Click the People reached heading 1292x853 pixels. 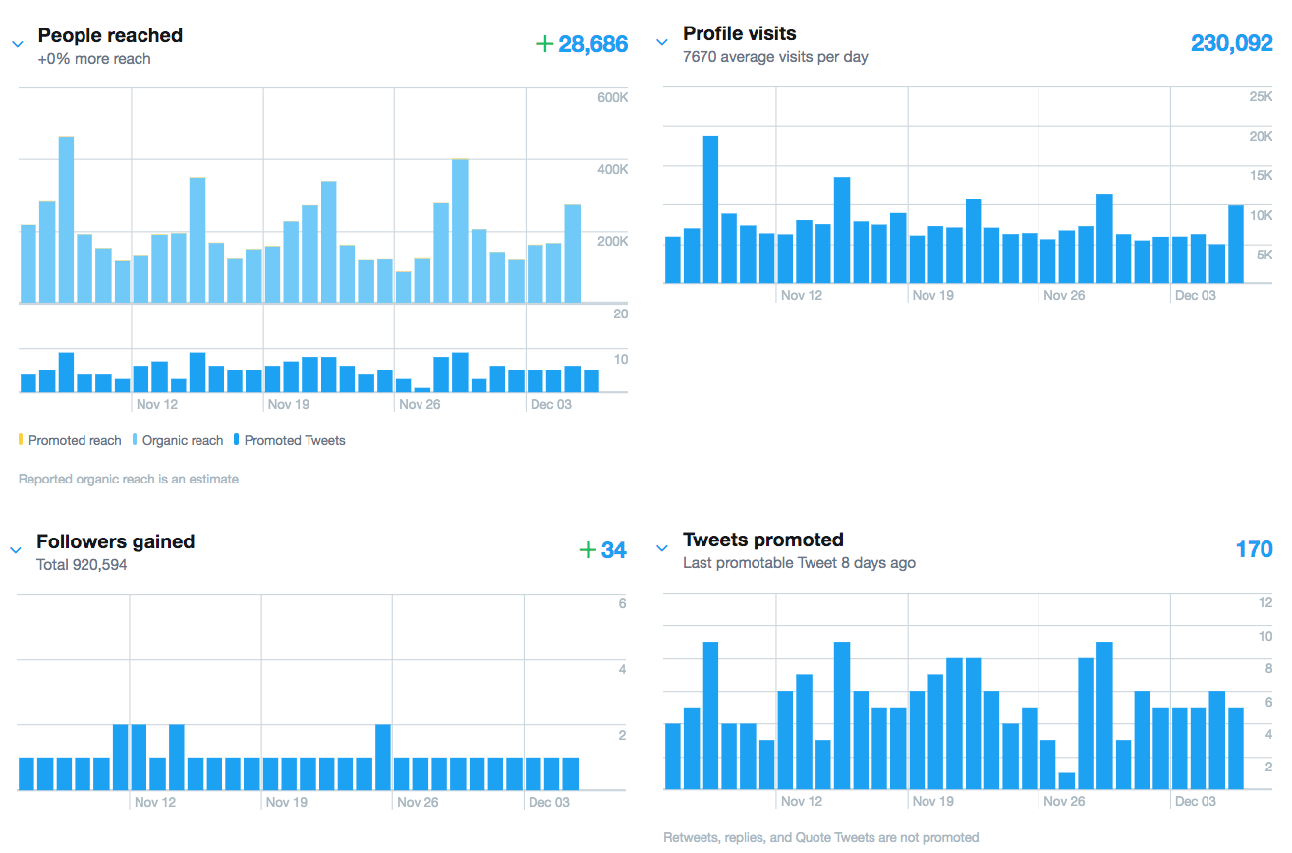(x=110, y=35)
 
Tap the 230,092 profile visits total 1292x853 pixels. (x=1231, y=44)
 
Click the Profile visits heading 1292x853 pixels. (x=739, y=34)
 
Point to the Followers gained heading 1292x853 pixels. (x=115, y=541)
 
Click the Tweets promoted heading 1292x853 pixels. (x=762, y=540)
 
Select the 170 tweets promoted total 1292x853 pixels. (x=1254, y=549)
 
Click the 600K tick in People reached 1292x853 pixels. (x=612, y=97)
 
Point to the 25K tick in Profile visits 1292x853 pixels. (x=1260, y=96)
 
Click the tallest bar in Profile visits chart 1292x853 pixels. (x=710, y=208)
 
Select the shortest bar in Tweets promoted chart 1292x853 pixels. (x=1066, y=780)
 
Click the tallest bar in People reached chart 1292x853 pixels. (x=66, y=218)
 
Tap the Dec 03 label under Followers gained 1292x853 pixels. (x=549, y=802)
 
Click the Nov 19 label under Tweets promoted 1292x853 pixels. (x=932, y=801)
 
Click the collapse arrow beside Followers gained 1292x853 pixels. (x=16, y=550)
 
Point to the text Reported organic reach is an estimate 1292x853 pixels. (x=129, y=480)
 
